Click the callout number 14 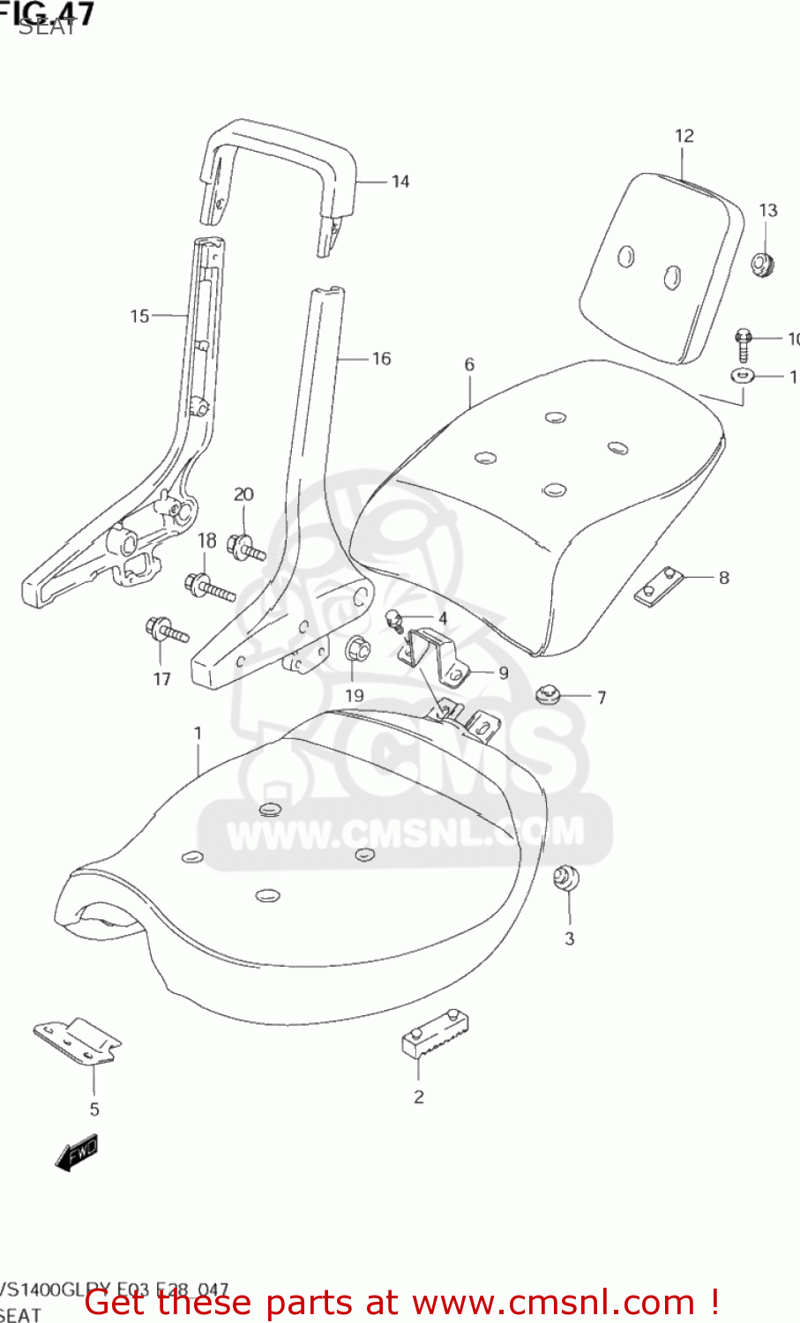click(x=400, y=182)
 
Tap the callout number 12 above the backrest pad click(x=684, y=136)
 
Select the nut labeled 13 click(x=762, y=263)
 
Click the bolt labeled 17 click(x=168, y=631)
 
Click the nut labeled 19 click(x=357, y=650)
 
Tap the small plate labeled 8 click(x=659, y=585)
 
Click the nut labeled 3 click(x=566, y=878)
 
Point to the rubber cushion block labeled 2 click(x=434, y=1035)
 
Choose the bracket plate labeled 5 click(x=79, y=1041)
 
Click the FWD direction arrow click(x=77, y=1153)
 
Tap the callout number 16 click(x=381, y=359)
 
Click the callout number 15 click(x=139, y=316)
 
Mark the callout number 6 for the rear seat click(x=469, y=364)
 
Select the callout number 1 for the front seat click(x=198, y=733)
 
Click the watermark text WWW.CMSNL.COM click(x=405, y=831)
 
